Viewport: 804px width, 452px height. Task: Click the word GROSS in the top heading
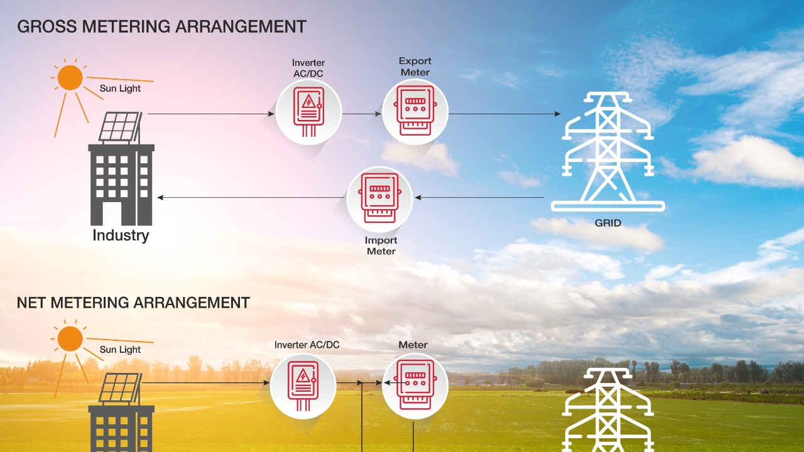47,26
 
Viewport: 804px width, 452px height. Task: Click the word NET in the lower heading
31,303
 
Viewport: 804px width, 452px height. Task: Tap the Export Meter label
415,67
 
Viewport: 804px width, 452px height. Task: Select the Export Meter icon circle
415,112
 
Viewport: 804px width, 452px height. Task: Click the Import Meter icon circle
379,200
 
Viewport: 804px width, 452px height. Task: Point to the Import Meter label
381,245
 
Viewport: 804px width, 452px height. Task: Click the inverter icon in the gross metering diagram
308,112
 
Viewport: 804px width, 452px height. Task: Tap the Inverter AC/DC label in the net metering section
307,345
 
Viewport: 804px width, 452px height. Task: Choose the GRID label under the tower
607,223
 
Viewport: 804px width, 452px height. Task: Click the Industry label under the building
121,235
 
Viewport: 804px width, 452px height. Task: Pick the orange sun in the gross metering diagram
70,77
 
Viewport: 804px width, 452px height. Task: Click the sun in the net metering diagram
70,338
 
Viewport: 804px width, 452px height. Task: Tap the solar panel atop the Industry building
120,127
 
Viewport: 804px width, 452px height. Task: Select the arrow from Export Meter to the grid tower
504,114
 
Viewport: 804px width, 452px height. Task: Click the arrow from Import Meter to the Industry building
251,198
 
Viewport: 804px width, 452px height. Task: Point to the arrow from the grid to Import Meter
479,198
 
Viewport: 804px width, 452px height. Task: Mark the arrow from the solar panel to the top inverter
211,114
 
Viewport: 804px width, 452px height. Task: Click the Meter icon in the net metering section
415,386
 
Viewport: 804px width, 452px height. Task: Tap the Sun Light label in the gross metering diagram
120,89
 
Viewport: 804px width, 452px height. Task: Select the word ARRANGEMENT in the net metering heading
192,303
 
